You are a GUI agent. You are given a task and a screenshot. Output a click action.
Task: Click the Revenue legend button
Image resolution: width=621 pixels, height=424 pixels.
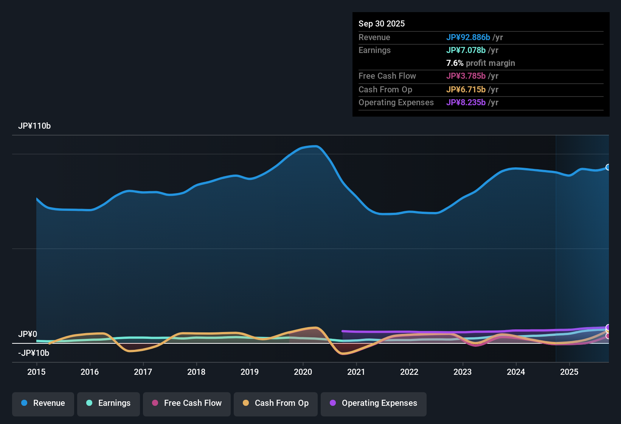(43, 403)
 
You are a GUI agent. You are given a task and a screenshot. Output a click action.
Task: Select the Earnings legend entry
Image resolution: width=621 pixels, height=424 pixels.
(108, 403)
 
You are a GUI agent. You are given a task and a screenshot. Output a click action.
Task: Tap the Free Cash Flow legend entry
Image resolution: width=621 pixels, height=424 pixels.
(186, 403)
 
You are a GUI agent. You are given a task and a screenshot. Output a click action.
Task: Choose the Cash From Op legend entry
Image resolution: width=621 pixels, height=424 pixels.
(275, 403)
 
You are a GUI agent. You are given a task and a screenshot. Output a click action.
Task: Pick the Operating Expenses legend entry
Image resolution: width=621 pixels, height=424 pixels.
(373, 403)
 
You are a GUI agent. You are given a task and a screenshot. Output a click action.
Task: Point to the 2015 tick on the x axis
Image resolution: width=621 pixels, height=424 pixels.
(36, 372)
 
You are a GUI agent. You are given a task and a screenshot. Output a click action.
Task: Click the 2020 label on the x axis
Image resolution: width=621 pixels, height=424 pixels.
(303, 372)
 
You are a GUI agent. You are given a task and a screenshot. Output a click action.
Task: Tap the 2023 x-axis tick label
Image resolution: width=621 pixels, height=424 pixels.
(463, 372)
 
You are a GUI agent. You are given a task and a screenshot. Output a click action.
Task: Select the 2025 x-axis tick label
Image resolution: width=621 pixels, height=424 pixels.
(569, 372)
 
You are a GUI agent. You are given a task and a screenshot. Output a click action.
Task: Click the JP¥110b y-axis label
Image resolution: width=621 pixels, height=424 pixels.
(34, 126)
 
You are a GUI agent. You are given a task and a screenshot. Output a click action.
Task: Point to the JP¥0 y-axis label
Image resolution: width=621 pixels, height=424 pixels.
(28, 334)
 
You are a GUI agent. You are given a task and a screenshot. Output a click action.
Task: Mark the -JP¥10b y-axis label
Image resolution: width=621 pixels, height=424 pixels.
(34, 353)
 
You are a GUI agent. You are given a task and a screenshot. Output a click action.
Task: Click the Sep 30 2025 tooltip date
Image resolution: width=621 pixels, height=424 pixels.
(382, 23)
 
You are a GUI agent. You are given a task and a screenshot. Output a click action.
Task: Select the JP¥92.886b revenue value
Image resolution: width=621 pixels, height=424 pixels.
(468, 37)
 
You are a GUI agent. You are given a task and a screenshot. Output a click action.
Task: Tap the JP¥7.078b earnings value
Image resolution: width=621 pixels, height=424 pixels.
(466, 50)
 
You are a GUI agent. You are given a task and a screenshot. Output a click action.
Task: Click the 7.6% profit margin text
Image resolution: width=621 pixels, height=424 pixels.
(480, 63)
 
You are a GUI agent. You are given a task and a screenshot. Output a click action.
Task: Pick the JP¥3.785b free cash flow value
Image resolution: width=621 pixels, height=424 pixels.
(466, 76)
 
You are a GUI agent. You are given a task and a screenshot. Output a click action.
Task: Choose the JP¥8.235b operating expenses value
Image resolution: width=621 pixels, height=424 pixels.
(466, 102)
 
